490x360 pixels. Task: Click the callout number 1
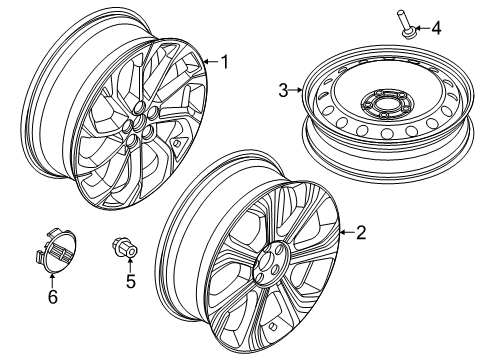pos(225,63)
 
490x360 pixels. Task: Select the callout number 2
pos(361,233)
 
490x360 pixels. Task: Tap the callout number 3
pos(283,91)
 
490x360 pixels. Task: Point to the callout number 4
pos(436,28)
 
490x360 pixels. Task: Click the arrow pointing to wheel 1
pos(209,63)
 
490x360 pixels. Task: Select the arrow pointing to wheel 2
pos(345,233)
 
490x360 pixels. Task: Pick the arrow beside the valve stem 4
pos(421,28)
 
